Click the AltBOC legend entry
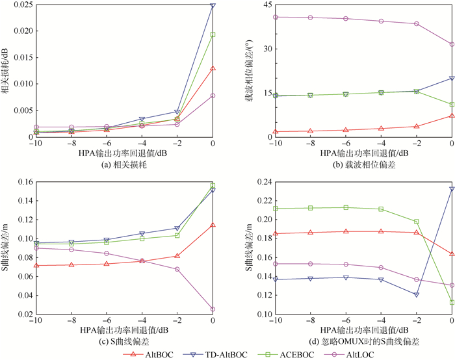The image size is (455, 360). pos(149,354)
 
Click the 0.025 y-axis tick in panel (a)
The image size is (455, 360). pos(19,5)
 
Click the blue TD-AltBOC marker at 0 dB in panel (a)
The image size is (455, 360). pos(213,5)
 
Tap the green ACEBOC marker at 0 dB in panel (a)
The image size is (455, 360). pos(213,34)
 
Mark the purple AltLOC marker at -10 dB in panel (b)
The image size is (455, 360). pos(276,17)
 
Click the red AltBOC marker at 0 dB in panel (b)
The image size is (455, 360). pos(452,116)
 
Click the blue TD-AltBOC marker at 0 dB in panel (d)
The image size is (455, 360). pos(452,189)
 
